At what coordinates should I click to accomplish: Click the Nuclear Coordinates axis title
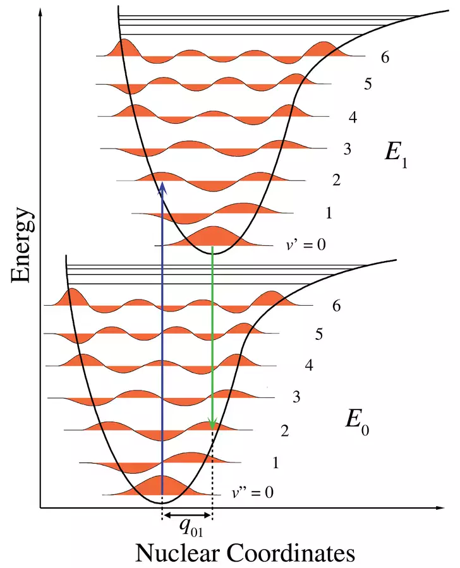coord(245,553)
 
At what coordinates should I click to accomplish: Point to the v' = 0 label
coord(305,244)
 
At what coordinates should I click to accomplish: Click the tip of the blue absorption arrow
coord(162,184)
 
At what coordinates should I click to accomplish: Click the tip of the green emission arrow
coord(212,426)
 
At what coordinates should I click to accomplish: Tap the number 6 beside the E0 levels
coord(336,306)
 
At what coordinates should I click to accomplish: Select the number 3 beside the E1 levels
coord(347,150)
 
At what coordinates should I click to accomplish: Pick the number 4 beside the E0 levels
coord(308,365)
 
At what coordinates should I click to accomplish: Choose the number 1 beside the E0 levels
coord(275,463)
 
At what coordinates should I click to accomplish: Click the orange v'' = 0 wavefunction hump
coord(162,486)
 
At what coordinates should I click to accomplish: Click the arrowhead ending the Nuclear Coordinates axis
coord(436,507)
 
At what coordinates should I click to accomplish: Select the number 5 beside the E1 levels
coord(368,84)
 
